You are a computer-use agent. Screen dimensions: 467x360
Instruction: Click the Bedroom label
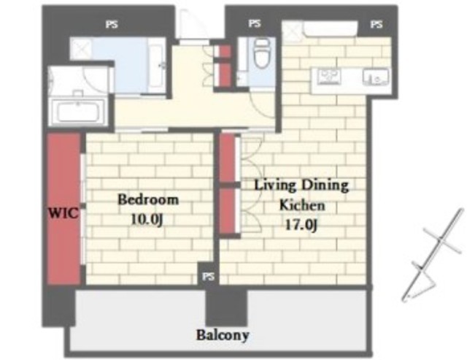(x=148, y=199)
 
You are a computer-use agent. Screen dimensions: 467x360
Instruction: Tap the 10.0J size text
(x=147, y=220)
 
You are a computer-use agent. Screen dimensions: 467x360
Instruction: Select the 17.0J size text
(x=301, y=224)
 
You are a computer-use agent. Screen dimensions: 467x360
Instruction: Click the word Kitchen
(x=302, y=205)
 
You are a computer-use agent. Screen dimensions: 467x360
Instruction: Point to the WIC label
(x=63, y=213)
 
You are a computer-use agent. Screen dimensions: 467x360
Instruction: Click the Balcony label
(x=223, y=335)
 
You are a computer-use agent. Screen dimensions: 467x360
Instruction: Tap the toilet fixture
(x=261, y=53)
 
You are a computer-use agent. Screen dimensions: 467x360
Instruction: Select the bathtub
(x=78, y=112)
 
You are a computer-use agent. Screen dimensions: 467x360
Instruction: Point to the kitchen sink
(x=375, y=77)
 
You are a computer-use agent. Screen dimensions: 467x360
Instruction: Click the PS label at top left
(x=112, y=24)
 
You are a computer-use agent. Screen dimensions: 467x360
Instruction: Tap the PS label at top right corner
(x=377, y=24)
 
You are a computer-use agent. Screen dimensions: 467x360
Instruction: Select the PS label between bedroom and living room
(x=209, y=277)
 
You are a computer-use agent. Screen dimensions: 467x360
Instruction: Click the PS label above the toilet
(x=255, y=23)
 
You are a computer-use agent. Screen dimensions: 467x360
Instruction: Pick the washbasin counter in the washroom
(x=155, y=66)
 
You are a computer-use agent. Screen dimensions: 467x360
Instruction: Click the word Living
(x=275, y=185)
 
